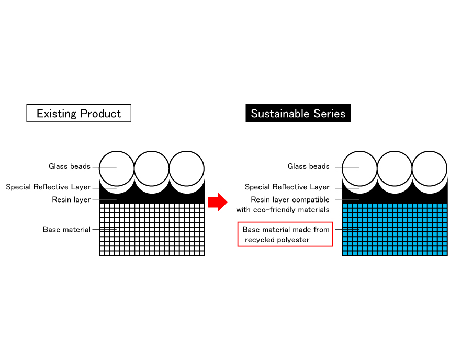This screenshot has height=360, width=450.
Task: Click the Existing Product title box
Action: [78, 114]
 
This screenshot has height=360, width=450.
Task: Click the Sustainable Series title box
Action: [298, 114]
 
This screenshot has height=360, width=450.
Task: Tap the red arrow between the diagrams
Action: [217, 202]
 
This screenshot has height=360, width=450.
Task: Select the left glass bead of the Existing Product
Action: [117, 168]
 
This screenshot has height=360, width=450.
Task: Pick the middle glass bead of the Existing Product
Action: [152, 168]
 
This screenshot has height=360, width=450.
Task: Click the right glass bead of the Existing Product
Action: [187, 168]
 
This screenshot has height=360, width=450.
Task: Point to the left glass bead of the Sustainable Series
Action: [359, 168]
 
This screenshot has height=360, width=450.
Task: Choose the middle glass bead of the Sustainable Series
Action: [395, 168]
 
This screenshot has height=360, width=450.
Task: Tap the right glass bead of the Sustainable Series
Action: [430, 168]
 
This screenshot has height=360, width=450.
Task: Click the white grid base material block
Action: [152, 229]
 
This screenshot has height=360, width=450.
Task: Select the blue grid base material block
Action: [395, 229]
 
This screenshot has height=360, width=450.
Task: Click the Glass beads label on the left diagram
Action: [70, 167]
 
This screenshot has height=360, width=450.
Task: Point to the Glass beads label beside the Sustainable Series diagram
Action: [309, 167]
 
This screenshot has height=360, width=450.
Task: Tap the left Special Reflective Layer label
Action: [48, 187]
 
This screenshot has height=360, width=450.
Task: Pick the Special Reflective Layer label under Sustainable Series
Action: [287, 187]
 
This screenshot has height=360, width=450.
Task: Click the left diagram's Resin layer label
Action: [71, 200]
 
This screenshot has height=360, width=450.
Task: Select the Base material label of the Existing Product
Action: [66, 230]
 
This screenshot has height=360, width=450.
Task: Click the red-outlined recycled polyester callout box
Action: [285, 234]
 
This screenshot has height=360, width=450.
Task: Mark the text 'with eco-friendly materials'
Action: [283, 210]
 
